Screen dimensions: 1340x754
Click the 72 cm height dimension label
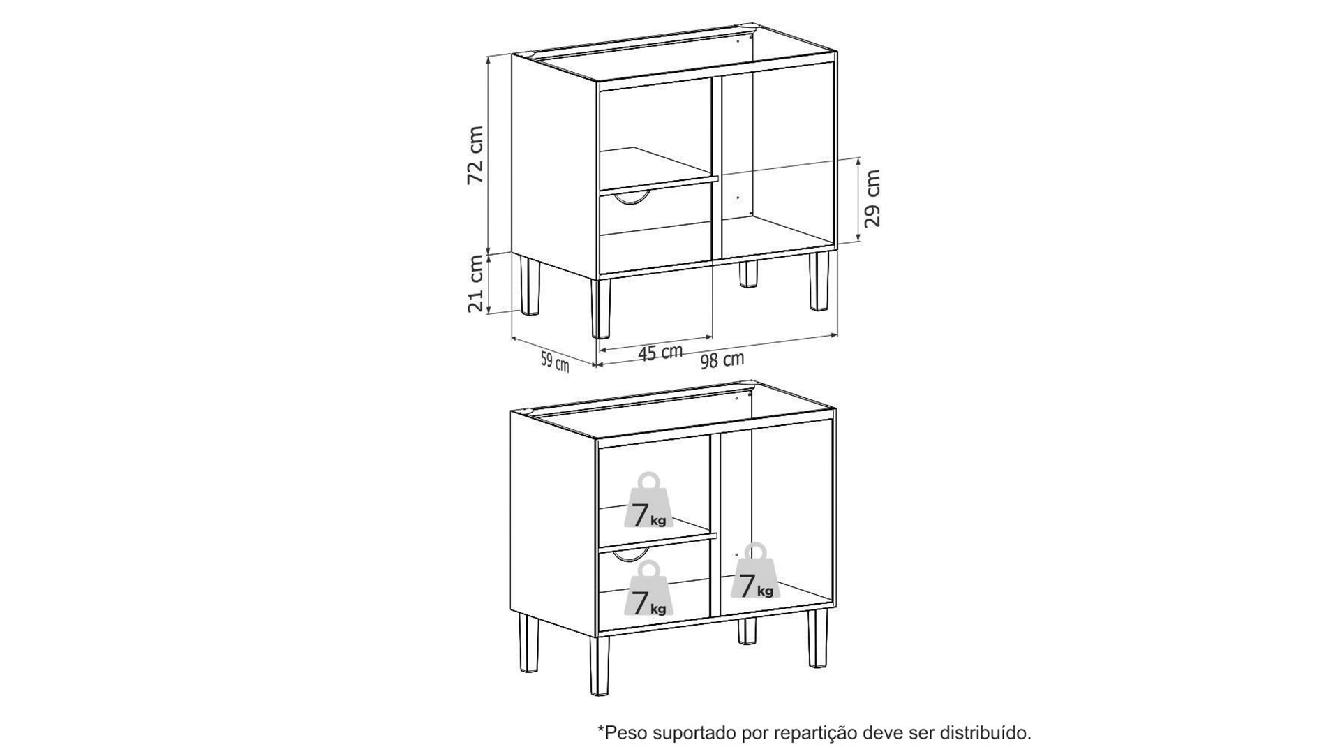[475, 155]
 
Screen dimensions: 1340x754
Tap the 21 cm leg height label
[476, 283]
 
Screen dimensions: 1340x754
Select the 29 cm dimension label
[872, 198]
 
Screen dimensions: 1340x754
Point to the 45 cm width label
[660, 353]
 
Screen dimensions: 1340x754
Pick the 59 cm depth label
[555, 362]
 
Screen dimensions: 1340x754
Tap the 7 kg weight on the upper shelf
[649, 501]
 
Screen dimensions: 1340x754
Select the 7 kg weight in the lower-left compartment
[649, 589]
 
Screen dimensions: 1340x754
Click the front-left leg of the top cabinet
[600, 308]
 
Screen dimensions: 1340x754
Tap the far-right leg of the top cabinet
[819, 281]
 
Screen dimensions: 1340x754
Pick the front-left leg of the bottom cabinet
[599, 665]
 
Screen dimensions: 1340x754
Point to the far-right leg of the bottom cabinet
[818, 638]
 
